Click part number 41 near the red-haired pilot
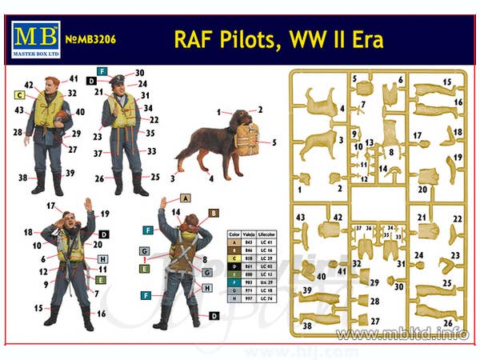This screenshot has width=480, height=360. (x=74, y=79)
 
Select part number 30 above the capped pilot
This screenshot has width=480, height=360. (x=139, y=73)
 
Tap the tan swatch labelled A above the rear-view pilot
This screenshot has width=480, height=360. (x=185, y=197)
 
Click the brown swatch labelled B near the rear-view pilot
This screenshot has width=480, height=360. (x=214, y=213)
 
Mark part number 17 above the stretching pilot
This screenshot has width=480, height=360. (x=50, y=206)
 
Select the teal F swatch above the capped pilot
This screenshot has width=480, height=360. (x=102, y=71)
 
